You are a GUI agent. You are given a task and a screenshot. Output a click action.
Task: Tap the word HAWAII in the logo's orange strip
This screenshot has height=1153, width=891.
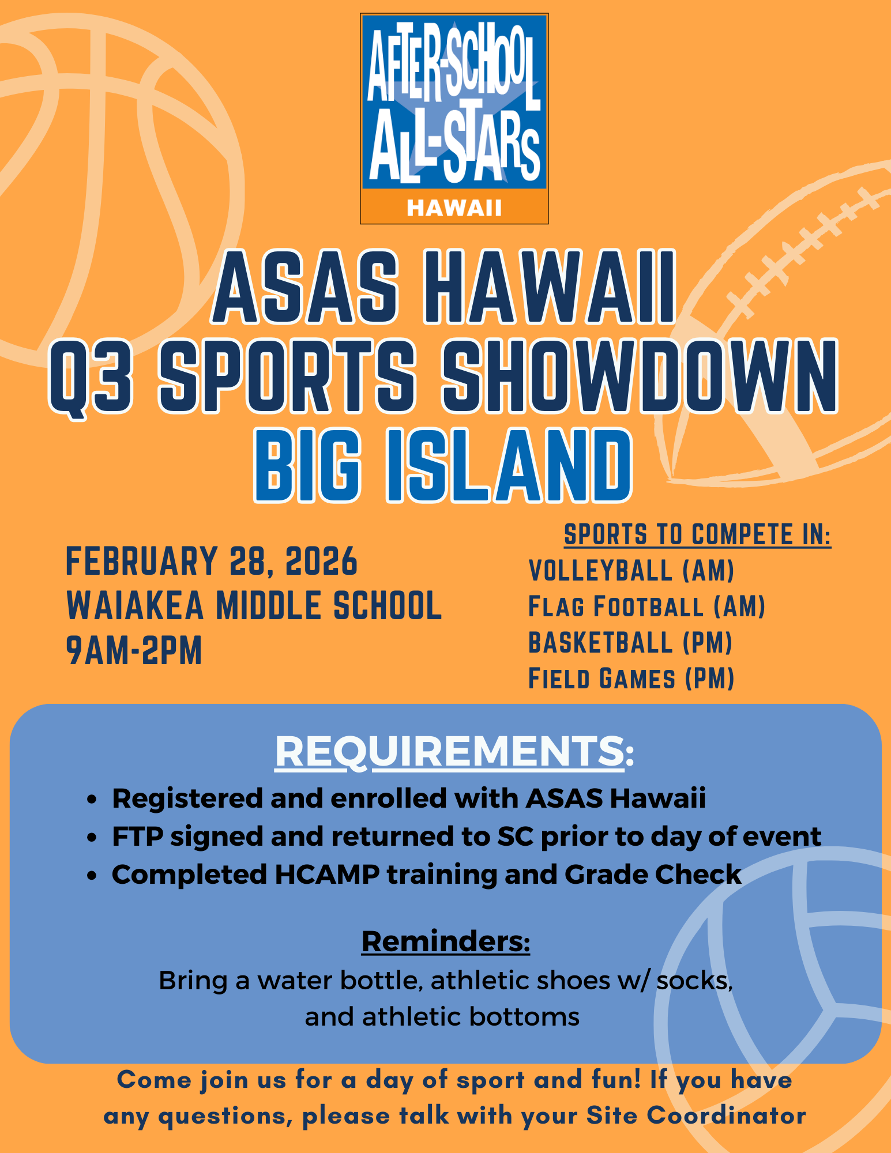(454, 208)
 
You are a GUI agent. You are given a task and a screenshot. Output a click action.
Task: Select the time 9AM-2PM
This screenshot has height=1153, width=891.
(134, 650)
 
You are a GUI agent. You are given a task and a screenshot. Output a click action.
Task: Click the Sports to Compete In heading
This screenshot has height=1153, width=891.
(697, 534)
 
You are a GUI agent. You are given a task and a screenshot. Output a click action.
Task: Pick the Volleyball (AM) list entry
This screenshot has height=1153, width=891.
(631, 571)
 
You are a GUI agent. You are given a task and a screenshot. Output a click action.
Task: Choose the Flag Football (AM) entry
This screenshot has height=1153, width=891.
(646, 606)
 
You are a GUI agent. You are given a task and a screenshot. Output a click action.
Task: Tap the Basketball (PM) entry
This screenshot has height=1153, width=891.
(630, 643)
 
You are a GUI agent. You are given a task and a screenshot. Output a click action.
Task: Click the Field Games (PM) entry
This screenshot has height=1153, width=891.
(631, 679)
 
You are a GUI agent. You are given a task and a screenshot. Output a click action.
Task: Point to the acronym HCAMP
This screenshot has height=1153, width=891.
(327, 875)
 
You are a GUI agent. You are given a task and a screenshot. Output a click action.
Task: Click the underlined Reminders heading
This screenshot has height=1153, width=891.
(445, 941)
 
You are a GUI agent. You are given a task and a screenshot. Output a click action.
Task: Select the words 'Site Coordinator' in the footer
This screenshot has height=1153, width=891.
(696, 1116)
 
